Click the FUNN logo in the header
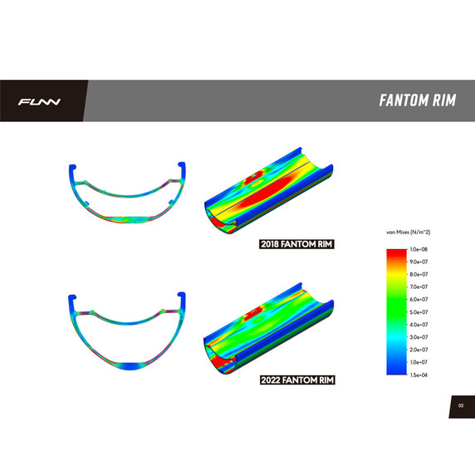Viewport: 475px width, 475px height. coord(40,102)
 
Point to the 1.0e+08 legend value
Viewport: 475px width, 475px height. coord(418,249)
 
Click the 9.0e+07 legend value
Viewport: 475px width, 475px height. coord(418,262)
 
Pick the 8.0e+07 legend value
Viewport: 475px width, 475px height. coord(418,274)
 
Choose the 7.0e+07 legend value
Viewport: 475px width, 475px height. coord(418,286)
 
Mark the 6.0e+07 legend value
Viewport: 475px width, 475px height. coord(418,299)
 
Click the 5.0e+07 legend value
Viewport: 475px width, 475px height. coord(418,311)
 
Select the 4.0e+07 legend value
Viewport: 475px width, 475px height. coord(418,325)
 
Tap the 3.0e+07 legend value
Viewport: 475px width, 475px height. coord(418,337)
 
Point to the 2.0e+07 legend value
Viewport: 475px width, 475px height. coord(418,350)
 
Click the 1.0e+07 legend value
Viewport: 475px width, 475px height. coord(418,362)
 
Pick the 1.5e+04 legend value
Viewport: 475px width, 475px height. coord(418,375)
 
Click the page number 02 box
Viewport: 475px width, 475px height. coord(460,405)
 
